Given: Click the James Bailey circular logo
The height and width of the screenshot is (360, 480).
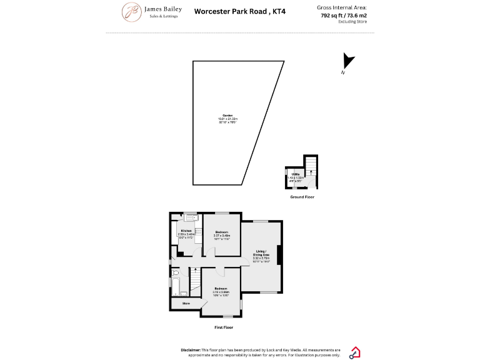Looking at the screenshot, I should [x=132, y=11].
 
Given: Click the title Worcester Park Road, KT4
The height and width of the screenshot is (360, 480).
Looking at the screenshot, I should [x=239, y=11].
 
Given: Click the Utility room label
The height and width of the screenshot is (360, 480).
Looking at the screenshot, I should [x=295, y=174].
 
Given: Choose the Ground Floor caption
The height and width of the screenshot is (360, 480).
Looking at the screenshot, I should [x=302, y=197].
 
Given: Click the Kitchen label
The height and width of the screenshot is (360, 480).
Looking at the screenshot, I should [x=186, y=231].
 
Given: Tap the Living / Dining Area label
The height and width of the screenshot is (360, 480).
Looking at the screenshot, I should [x=262, y=252].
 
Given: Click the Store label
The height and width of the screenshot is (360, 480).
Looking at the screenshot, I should [x=186, y=304].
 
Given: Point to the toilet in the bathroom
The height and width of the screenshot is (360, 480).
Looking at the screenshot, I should [x=176, y=273].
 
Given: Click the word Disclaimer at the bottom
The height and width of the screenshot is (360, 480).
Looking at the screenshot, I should [x=190, y=350].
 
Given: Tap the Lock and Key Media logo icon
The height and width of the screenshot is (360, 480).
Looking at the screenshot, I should [x=355, y=352].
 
